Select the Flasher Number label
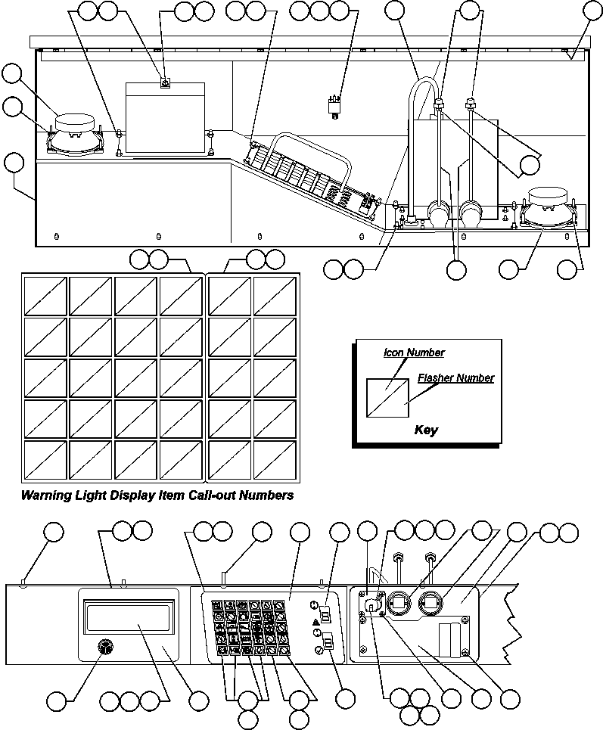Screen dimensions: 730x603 click(x=455, y=377)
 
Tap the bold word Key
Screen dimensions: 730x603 click(x=426, y=430)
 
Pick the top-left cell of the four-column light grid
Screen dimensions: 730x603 click(x=45, y=296)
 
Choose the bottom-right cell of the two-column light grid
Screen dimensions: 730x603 click(x=275, y=458)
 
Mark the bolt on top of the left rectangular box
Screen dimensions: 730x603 click(x=164, y=84)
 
